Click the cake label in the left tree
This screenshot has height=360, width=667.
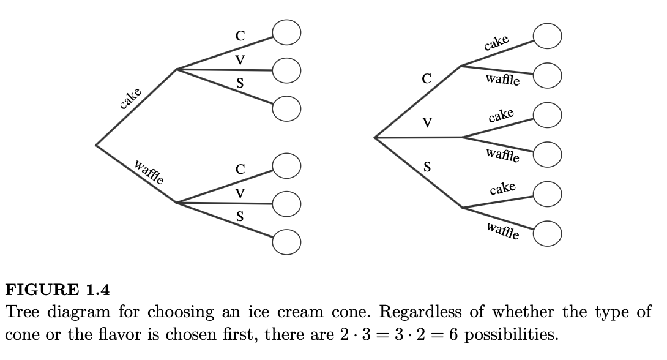click(130, 99)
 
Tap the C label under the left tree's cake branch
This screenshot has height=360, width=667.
click(240, 36)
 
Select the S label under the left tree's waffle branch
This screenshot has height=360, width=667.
click(240, 216)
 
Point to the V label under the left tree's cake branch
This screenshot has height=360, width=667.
click(240, 60)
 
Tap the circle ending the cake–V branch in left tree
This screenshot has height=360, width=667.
click(286, 70)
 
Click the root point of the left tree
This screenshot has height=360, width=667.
click(96, 144)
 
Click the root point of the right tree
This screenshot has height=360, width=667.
click(374, 138)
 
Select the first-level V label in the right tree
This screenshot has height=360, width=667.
click(428, 122)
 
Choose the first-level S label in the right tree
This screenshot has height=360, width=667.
click(428, 166)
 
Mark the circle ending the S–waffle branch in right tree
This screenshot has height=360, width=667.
click(547, 233)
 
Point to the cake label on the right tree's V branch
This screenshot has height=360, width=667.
click(501, 116)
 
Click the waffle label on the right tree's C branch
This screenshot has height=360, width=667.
click(503, 80)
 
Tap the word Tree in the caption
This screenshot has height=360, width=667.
click(24, 312)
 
